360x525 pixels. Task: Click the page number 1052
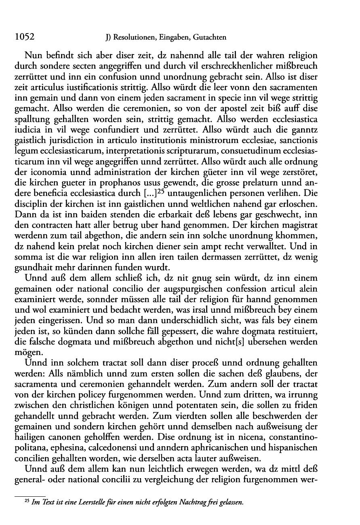coord(24,38)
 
